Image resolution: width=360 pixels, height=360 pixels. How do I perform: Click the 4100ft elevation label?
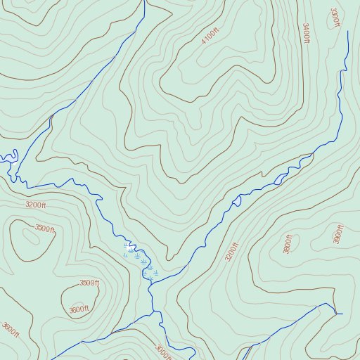[210, 35]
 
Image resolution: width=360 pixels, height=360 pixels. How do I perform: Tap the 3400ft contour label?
[306, 33]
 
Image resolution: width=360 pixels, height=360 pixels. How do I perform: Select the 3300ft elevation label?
[335, 18]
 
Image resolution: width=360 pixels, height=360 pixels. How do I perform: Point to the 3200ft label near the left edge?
[35, 205]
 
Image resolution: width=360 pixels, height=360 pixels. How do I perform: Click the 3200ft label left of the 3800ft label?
[232, 251]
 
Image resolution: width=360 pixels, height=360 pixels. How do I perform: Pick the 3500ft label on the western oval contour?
[45, 228]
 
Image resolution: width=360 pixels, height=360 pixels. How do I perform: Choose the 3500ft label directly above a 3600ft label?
[89, 283]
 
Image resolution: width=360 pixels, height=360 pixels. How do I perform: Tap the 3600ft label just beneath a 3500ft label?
[79, 309]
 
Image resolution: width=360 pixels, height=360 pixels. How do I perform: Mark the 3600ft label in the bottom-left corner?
[10, 329]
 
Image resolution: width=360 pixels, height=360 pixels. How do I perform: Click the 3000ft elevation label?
[163, 350]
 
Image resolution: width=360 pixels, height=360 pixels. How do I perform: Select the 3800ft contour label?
[288, 244]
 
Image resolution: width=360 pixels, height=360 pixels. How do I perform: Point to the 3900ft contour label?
[339, 234]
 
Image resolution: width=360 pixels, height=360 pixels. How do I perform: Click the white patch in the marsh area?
[129, 246]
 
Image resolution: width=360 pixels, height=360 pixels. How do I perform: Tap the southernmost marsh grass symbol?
[149, 279]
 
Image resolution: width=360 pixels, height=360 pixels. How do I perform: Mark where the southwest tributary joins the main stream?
[153, 310]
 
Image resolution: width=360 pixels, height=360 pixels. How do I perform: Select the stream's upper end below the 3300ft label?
[348, 32]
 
